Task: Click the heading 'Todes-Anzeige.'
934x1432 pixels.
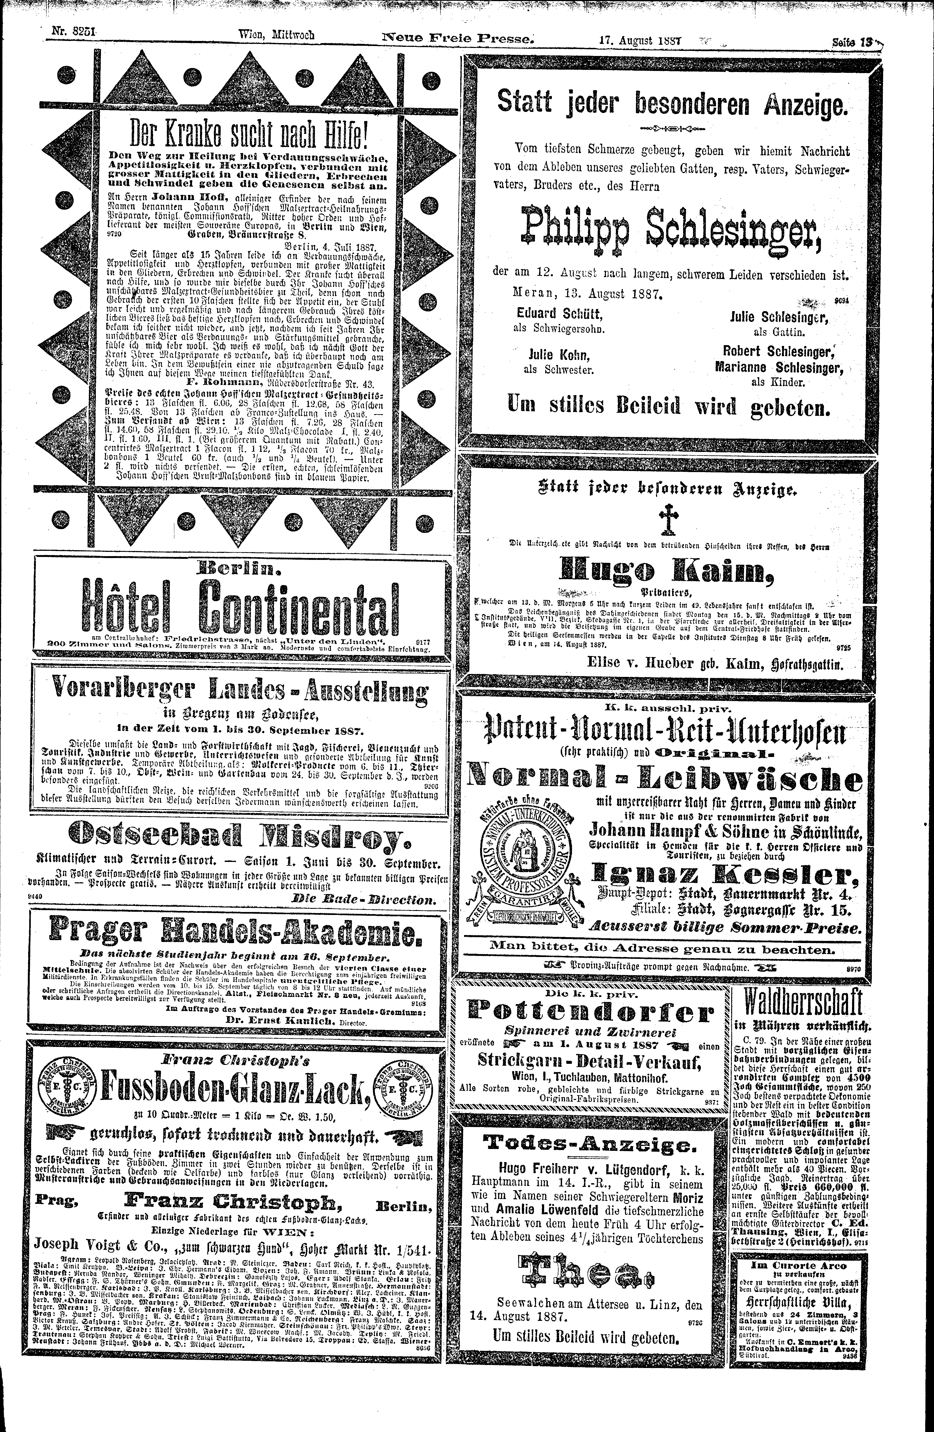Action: click(589, 1143)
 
